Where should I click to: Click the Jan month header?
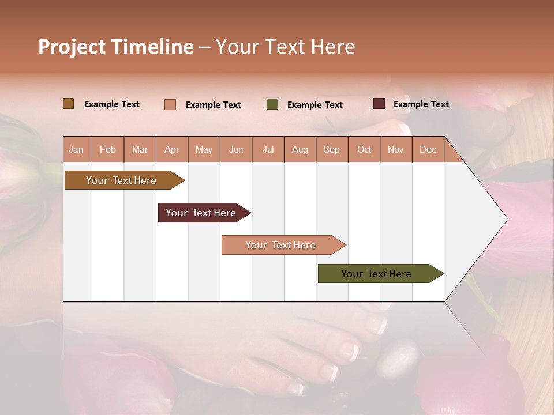tap(76, 150)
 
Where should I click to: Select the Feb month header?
tap(108, 150)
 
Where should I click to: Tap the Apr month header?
tap(172, 150)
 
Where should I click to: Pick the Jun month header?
tap(236, 150)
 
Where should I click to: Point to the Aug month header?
tap(300, 150)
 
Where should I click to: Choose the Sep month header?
tap(332, 150)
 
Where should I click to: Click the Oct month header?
tap(364, 150)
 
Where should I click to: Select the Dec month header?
tap(428, 150)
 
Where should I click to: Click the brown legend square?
tap(69, 104)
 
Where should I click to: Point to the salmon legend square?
tap(170, 104)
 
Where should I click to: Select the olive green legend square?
tap(272, 104)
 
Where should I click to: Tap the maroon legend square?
tap(379, 104)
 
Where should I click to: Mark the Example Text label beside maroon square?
tap(421, 104)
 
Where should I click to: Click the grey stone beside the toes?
tap(399, 357)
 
